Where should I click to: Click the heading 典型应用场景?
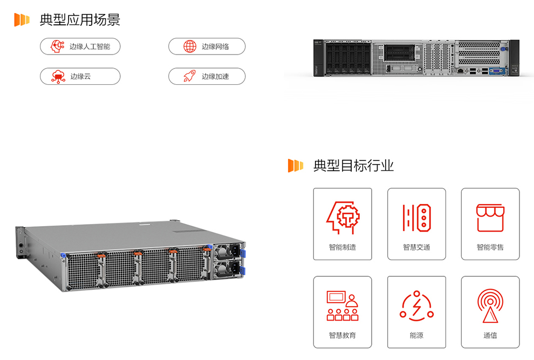(80, 20)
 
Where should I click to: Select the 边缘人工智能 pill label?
(90, 46)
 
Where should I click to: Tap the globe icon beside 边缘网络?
(190, 46)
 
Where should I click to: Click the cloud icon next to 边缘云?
(58, 76)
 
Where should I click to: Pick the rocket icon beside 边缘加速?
(189, 76)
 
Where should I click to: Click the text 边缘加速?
(215, 77)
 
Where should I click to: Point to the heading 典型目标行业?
(353, 166)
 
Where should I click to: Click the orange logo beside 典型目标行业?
(295, 166)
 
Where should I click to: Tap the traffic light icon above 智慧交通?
(416, 218)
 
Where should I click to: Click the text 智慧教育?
(343, 335)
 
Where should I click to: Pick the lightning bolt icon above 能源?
(416, 305)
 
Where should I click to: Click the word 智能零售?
(490, 247)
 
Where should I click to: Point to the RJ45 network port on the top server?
(460, 70)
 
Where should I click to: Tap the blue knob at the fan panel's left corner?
(64, 255)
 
